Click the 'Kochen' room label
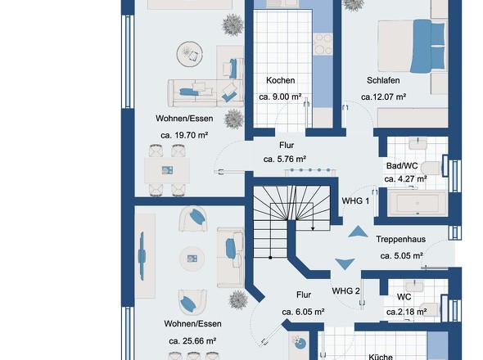point(280,80)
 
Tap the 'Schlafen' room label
point(383,80)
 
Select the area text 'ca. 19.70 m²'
point(184,135)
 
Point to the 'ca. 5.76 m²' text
point(285,160)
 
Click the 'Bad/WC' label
point(402,166)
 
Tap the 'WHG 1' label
point(355,201)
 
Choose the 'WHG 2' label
point(345,291)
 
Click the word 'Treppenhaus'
point(401,239)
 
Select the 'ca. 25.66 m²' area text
point(192,341)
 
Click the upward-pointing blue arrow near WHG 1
point(358,232)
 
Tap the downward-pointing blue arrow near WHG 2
point(345,264)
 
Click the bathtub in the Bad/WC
point(418,203)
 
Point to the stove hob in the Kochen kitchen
point(323,44)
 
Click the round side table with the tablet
point(189,54)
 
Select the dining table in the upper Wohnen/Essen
point(167,170)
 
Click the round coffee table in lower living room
point(192,259)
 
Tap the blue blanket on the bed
point(422,46)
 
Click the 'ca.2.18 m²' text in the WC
point(406,312)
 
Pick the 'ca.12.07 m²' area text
point(383,97)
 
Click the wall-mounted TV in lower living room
point(142,256)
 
